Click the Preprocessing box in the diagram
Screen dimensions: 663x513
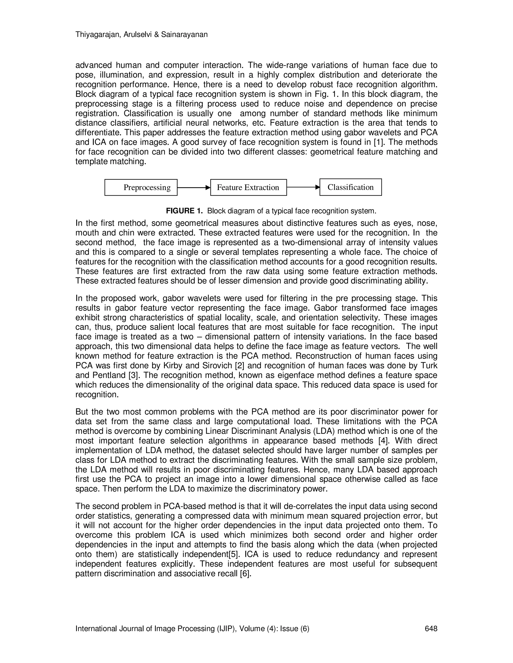[141, 187]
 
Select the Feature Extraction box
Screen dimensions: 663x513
[248, 187]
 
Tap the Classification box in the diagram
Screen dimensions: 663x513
[350, 187]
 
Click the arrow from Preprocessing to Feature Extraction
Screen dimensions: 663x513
[194, 187]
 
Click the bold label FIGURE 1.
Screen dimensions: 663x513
[184, 211]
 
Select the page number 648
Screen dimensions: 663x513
[431, 628]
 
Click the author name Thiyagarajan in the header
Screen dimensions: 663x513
[94, 35]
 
